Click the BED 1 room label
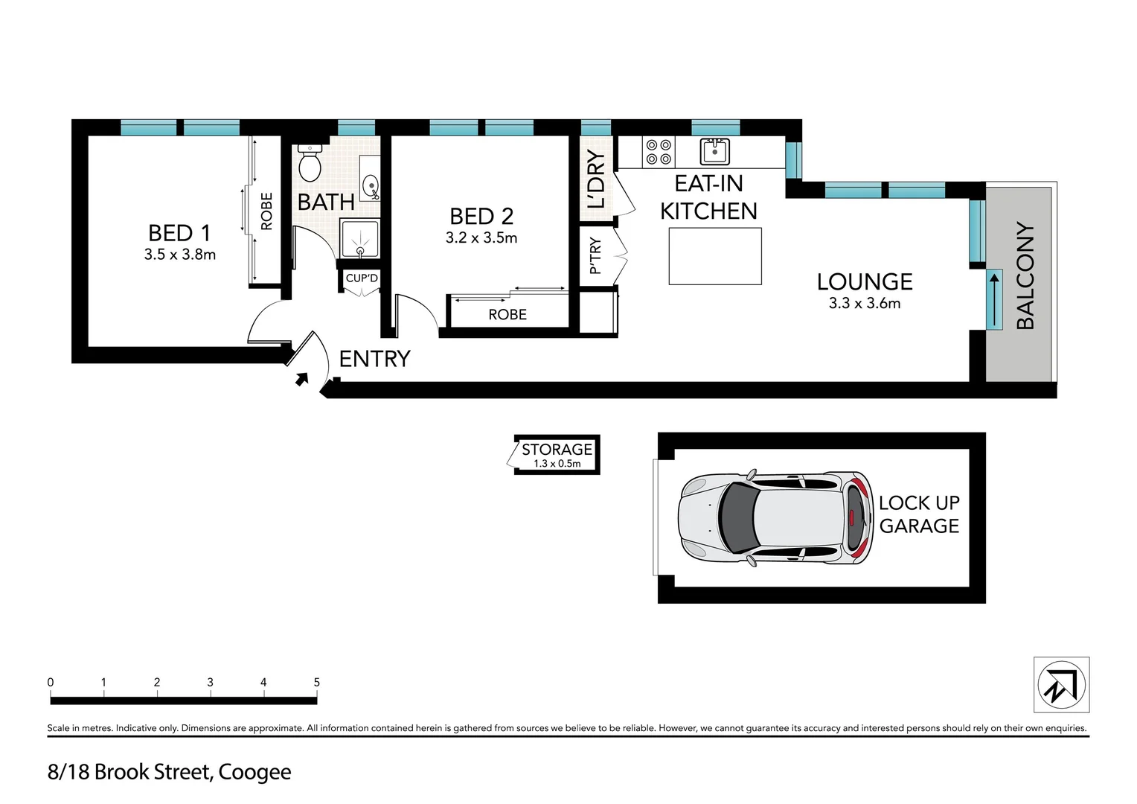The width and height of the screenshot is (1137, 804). pyautogui.click(x=179, y=233)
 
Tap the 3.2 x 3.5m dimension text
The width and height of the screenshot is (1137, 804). pyautogui.click(x=481, y=238)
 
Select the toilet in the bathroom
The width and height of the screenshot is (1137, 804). pyautogui.click(x=309, y=165)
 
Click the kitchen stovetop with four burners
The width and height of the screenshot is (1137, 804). pyautogui.click(x=658, y=152)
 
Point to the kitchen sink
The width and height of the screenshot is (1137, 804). pyautogui.click(x=714, y=151)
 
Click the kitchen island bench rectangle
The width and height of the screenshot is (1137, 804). pyautogui.click(x=714, y=256)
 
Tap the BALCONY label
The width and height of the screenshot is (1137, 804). pyautogui.click(x=1025, y=275)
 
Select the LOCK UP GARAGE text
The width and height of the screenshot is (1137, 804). pyautogui.click(x=918, y=514)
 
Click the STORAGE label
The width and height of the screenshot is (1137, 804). pyautogui.click(x=557, y=450)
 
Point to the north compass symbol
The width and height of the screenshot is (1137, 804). pyautogui.click(x=1061, y=685)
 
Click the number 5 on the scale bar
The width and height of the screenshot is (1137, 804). pyautogui.click(x=316, y=683)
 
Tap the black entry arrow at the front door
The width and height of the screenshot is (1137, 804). pyautogui.click(x=301, y=379)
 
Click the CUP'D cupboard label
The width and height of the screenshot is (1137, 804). pyautogui.click(x=362, y=278)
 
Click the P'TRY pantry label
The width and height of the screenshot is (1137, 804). pyautogui.click(x=595, y=255)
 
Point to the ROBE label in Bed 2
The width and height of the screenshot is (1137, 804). pyautogui.click(x=507, y=315)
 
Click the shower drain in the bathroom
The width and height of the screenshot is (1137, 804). pyautogui.click(x=360, y=252)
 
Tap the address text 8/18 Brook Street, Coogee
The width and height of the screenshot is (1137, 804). pyautogui.click(x=170, y=772)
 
